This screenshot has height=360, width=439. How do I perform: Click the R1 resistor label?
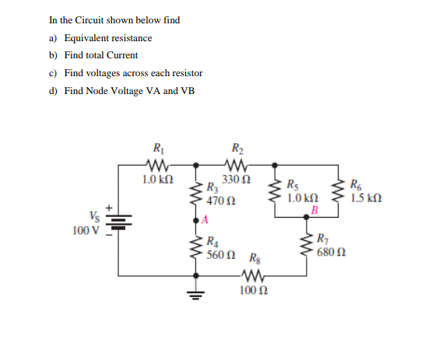158,149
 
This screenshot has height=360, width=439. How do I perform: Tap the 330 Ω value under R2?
236,180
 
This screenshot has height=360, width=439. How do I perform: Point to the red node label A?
205,220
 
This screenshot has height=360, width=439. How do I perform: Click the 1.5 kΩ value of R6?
365,197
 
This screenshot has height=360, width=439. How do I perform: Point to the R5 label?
291,185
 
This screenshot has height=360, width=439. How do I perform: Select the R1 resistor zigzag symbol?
158,164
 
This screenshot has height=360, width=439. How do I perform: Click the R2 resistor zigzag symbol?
236,164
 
